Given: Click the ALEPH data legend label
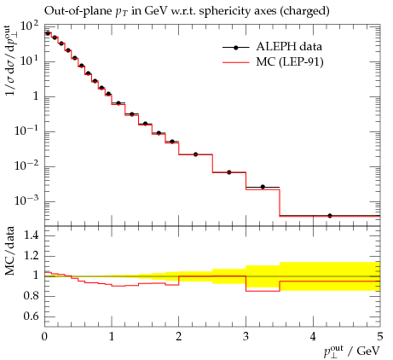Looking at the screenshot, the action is coord(289,47).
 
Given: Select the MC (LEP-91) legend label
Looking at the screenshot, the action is coord(290,61).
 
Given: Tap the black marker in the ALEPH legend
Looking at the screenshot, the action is coord(235,48).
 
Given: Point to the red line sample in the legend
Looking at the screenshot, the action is coord(235,62).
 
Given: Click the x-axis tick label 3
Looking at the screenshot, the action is coord(246,337).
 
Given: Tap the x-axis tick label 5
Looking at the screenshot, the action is coord(380,337).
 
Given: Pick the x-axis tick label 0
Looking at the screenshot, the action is coord(44,337).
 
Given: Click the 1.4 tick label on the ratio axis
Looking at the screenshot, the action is coord(31,235).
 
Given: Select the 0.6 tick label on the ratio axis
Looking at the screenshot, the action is coord(31,316).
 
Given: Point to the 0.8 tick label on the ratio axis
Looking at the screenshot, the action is coord(31,296).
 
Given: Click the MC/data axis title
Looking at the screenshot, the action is coord(10,251).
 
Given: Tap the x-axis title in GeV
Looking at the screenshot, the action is coord(352,351).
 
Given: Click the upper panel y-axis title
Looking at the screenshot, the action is coord(10,61).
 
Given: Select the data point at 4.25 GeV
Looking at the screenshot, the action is coord(330,216).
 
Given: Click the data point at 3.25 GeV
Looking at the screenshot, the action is coord(263,187).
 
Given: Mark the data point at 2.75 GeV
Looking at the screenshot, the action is coord(229,172).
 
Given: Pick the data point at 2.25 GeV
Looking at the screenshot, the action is coord(195,154).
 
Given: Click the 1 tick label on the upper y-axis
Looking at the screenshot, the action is coord(36,96).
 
